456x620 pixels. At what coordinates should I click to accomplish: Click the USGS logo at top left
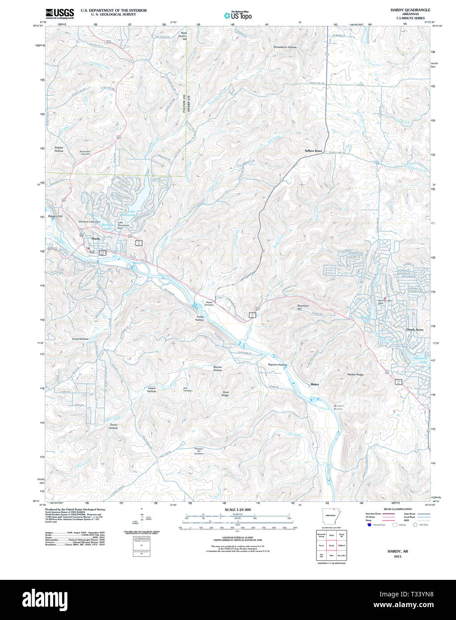point(60,13)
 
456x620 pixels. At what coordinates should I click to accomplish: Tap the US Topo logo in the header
point(238,16)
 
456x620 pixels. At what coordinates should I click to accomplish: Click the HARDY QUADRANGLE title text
point(410,10)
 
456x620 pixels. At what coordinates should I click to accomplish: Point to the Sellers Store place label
point(313,151)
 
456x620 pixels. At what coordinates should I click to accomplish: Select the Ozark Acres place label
point(415,330)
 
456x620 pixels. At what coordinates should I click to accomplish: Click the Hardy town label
point(95,239)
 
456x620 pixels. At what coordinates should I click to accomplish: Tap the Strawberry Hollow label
point(285,47)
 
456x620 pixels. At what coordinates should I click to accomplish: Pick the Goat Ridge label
point(225,394)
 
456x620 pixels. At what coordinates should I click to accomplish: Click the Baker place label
point(315,384)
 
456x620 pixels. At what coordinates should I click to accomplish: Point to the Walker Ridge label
point(355,375)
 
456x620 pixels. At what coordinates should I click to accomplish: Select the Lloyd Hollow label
point(80,339)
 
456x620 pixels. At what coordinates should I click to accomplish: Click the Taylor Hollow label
point(114,426)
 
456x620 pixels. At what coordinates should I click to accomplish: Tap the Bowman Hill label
point(303,307)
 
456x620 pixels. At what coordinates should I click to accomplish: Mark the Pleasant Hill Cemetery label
point(199,451)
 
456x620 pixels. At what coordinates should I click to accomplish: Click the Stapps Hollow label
point(59,149)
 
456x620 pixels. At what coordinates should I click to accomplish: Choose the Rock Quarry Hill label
point(184,36)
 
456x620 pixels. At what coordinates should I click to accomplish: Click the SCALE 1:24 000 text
point(237,509)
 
